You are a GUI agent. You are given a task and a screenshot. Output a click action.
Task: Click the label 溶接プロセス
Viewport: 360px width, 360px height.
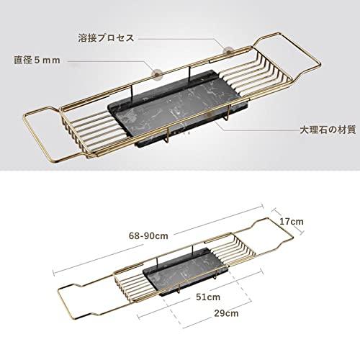106,38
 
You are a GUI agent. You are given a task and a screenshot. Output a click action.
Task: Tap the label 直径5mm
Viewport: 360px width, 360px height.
37,60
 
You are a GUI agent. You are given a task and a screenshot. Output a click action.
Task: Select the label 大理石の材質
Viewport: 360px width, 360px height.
328,130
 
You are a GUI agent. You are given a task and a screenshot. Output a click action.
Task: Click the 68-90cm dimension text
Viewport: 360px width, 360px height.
148,235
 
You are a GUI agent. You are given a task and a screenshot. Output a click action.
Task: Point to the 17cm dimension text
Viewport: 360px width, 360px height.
292,221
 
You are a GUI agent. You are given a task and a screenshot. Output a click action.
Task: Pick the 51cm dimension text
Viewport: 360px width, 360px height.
208,297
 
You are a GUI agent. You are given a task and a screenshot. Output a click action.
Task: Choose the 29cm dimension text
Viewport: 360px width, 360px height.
226,313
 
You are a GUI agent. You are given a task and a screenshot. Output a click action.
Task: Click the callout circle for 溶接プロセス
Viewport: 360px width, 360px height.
227,50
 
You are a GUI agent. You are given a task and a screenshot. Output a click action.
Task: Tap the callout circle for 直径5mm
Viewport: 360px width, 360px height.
157,72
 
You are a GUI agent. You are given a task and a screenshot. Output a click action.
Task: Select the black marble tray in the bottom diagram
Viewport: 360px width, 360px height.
186,271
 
